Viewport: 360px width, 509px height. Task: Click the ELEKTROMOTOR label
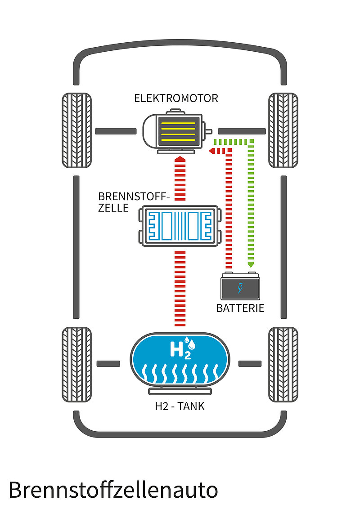coord(176,98)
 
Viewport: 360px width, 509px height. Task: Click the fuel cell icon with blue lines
coord(180,226)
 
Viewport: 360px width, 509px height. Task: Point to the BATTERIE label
coord(240,308)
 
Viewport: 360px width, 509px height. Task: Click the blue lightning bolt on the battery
coord(240,288)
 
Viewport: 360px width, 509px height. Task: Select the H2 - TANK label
coord(180,406)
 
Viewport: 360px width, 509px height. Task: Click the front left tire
coord(76,130)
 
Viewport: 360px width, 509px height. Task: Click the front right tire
coord(283,130)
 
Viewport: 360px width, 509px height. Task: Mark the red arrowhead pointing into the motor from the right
coord(211,151)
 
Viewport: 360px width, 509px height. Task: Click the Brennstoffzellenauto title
coord(112,490)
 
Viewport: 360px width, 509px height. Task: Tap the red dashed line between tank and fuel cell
coord(180,288)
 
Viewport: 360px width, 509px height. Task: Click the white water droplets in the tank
coord(193,344)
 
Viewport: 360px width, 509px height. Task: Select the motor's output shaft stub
coord(208,131)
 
